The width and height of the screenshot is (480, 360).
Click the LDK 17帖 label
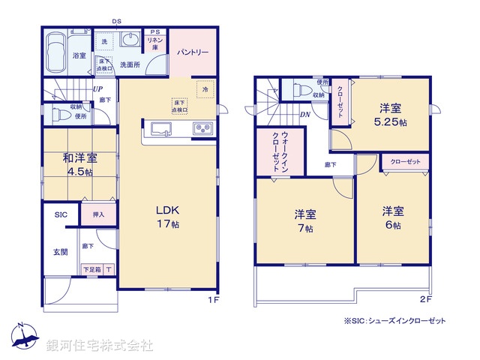pyautogui.click(x=166, y=217)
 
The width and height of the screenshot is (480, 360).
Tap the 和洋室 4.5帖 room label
pyautogui.click(x=79, y=164)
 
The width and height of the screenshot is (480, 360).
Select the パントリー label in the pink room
pyautogui.click(x=193, y=52)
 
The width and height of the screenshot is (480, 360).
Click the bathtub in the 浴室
pyautogui.click(x=55, y=52)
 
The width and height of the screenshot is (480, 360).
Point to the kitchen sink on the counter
pyautogui.click(x=160, y=129)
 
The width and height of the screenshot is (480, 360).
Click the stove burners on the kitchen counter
pyautogui.click(x=202, y=128)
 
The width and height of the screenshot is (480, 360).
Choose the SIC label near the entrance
pyautogui.click(x=60, y=215)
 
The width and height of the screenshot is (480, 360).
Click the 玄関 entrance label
pyautogui.click(x=60, y=251)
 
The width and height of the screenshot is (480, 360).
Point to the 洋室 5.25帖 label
pyautogui.click(x=391, y=115)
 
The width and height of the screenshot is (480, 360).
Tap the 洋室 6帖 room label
pyautogui.click(x=391, y=218)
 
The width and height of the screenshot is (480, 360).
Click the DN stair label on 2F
pyautogui.click(x=305, y=114)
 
